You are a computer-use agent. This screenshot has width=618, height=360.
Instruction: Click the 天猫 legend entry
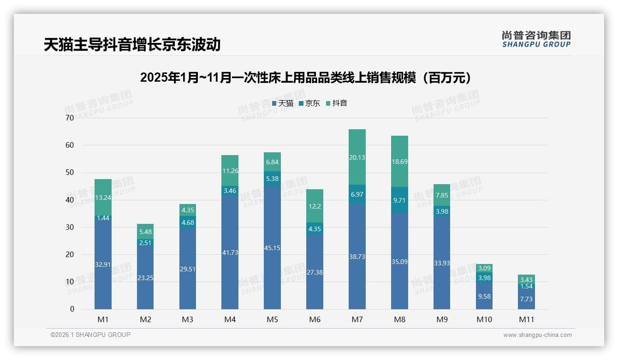(283, 103)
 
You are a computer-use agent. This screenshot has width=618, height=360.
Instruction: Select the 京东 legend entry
(309, 103)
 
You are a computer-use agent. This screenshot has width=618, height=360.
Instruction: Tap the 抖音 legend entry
(337, 103)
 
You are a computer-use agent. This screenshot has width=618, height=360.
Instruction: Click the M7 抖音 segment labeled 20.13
(357, 157)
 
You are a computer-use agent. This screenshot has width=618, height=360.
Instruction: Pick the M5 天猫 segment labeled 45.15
(272, 248)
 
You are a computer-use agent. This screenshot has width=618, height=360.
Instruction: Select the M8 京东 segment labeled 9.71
(399, 200)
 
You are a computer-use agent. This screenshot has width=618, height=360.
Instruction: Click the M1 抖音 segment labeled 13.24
(103, 198)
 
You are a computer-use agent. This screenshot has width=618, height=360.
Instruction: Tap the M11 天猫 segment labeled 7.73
(526, 299)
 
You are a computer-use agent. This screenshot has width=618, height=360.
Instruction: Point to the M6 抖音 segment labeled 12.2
(315, 206)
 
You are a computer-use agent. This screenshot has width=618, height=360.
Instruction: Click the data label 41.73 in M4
(230, 253)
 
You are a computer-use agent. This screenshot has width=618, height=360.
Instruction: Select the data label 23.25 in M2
(145, 278)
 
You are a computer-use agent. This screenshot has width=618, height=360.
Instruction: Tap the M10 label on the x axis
(484, 319)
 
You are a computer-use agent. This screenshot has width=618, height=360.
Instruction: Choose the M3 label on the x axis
(187, 319)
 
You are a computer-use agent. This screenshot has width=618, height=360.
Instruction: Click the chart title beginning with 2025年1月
(307, 78)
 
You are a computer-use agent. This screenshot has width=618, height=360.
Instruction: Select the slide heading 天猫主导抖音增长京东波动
(132, 44)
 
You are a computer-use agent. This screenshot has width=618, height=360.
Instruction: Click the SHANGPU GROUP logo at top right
(536, 39)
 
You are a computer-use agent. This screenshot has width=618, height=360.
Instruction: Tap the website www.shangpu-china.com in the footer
(537, 335)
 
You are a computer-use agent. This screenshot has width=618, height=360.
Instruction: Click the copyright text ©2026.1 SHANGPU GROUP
(90, 335)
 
